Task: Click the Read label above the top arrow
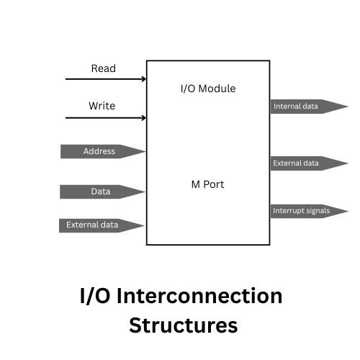tap(103, 68)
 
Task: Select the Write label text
tap(102, 106)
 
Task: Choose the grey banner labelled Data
tap(100, 192)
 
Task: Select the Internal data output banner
tap(296, 107)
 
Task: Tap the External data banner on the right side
tap(296, 163)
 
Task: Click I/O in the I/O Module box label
tap(187, 89)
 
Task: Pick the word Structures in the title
tap(183, 325)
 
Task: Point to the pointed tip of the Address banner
tap(144, 151)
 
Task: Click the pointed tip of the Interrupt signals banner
tap(346, 211)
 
